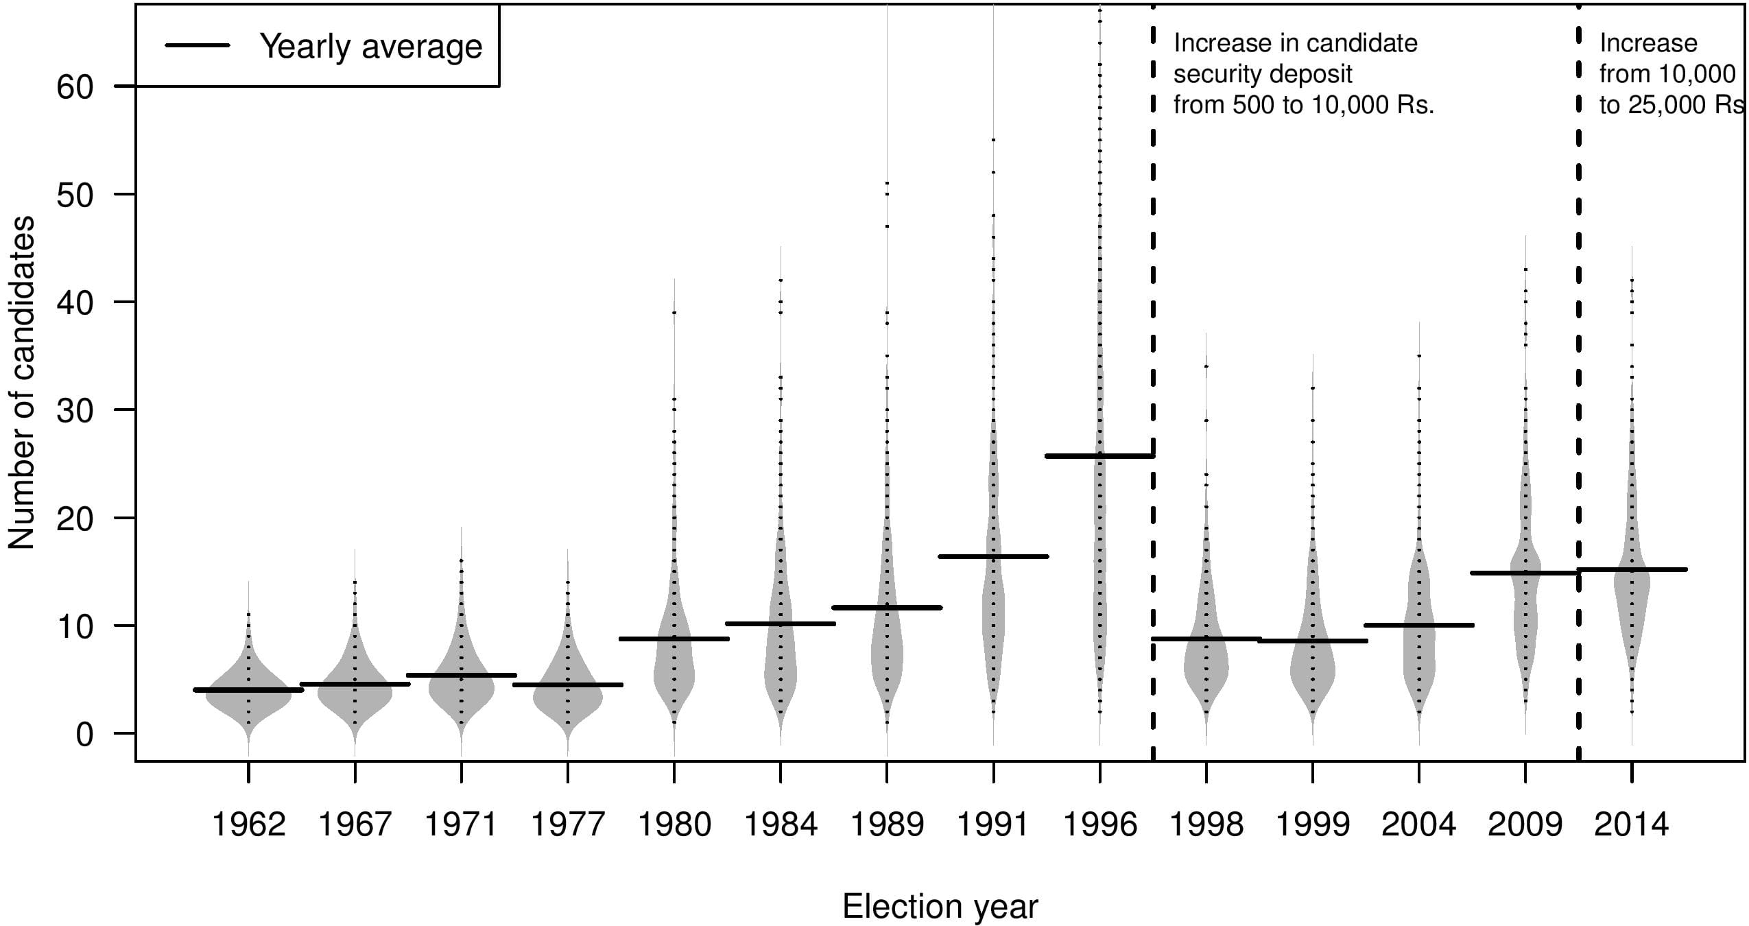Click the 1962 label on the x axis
pos(248,824)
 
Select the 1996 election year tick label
pos(1099,824)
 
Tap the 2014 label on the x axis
pos(1631,824)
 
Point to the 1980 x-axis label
pos(674,824)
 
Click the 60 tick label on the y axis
pos(75,87)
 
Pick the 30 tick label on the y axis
pos(75,410)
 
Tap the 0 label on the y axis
pos(84,734)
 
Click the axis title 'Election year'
pos(940,907)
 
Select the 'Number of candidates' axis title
pos(21,382)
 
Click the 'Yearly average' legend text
pos(370,47)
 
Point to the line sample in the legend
pos(197,46)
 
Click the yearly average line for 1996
pos(1099,455)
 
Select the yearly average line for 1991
pos(993,556)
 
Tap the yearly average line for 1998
pos(1206,639)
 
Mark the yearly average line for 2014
pos(1631,569)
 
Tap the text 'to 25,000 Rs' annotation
pos(1671,105)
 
